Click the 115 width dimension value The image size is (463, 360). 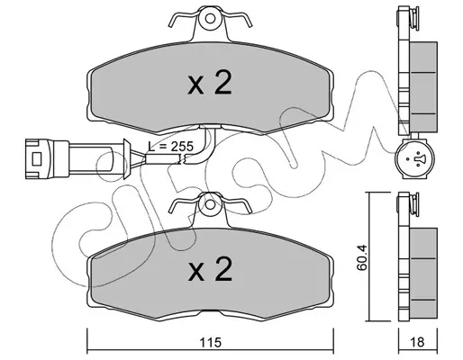point(211,342)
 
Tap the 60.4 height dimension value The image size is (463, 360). point(361,257)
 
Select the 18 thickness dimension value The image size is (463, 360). point(417,342)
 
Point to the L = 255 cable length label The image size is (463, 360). point(171,147)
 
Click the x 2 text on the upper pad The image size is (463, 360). point(210,82)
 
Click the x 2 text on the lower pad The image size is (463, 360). point(210,268)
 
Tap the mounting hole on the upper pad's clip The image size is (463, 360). point(210,19)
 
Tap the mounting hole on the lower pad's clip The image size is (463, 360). point(210,204)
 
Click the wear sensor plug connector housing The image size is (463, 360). point(48,158)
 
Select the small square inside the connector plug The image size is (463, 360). point(37,158)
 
